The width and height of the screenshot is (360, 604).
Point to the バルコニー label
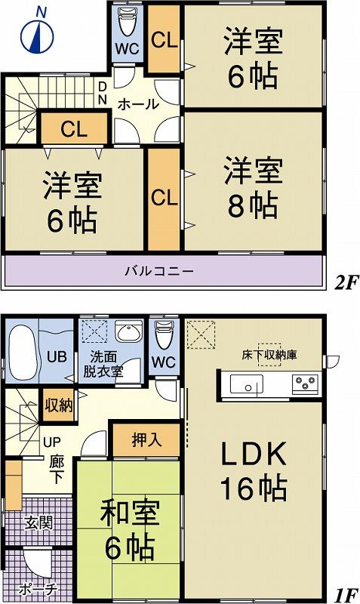pos(159,270)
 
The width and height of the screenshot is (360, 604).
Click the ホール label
pos(138,104)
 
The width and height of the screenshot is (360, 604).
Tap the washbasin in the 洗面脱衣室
pos(130,334)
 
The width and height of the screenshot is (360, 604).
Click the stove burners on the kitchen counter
pos(306,384)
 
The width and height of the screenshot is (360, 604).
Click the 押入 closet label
pos(146,439)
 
